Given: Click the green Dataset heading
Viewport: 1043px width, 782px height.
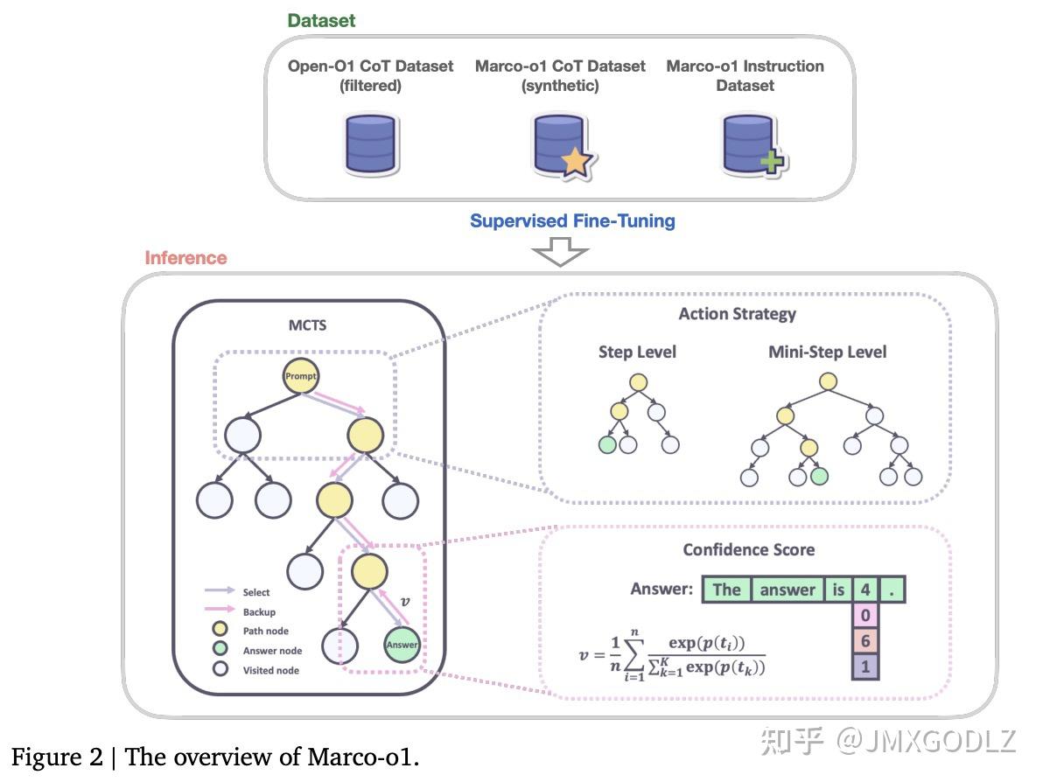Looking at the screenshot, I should click(321, 20).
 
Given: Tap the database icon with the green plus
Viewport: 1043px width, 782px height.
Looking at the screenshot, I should click(751, 146).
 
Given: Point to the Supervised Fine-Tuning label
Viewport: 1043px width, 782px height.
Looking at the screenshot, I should click(572, 220).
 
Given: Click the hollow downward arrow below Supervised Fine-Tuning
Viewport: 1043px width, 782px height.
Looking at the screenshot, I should click(560, 254).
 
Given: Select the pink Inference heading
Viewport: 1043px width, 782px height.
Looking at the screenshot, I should click(185, 258).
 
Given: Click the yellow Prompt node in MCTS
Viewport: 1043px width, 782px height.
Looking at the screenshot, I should click(300, 377).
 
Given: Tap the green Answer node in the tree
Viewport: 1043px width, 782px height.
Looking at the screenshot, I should click(402, 645).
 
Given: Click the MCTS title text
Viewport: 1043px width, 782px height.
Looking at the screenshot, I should click(307, 326).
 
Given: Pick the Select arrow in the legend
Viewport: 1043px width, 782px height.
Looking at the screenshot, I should click(220, 592).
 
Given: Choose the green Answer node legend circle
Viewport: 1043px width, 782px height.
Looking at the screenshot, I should click(220, 650).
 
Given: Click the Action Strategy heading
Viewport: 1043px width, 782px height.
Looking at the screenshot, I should click(737, 313).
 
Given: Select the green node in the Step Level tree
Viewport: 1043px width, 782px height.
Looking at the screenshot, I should click(607, 444).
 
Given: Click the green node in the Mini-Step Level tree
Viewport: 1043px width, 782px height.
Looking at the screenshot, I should click(819, 478).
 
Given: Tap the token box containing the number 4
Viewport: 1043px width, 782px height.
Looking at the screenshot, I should click(864, 589).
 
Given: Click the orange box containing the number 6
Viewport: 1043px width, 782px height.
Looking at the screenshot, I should click(864, 641).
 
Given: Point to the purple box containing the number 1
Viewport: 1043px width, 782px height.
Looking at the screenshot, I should click(864, 667).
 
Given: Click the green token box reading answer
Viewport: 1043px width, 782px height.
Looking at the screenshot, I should click(787, 589).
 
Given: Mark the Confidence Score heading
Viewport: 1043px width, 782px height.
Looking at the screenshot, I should click(748, 549).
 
